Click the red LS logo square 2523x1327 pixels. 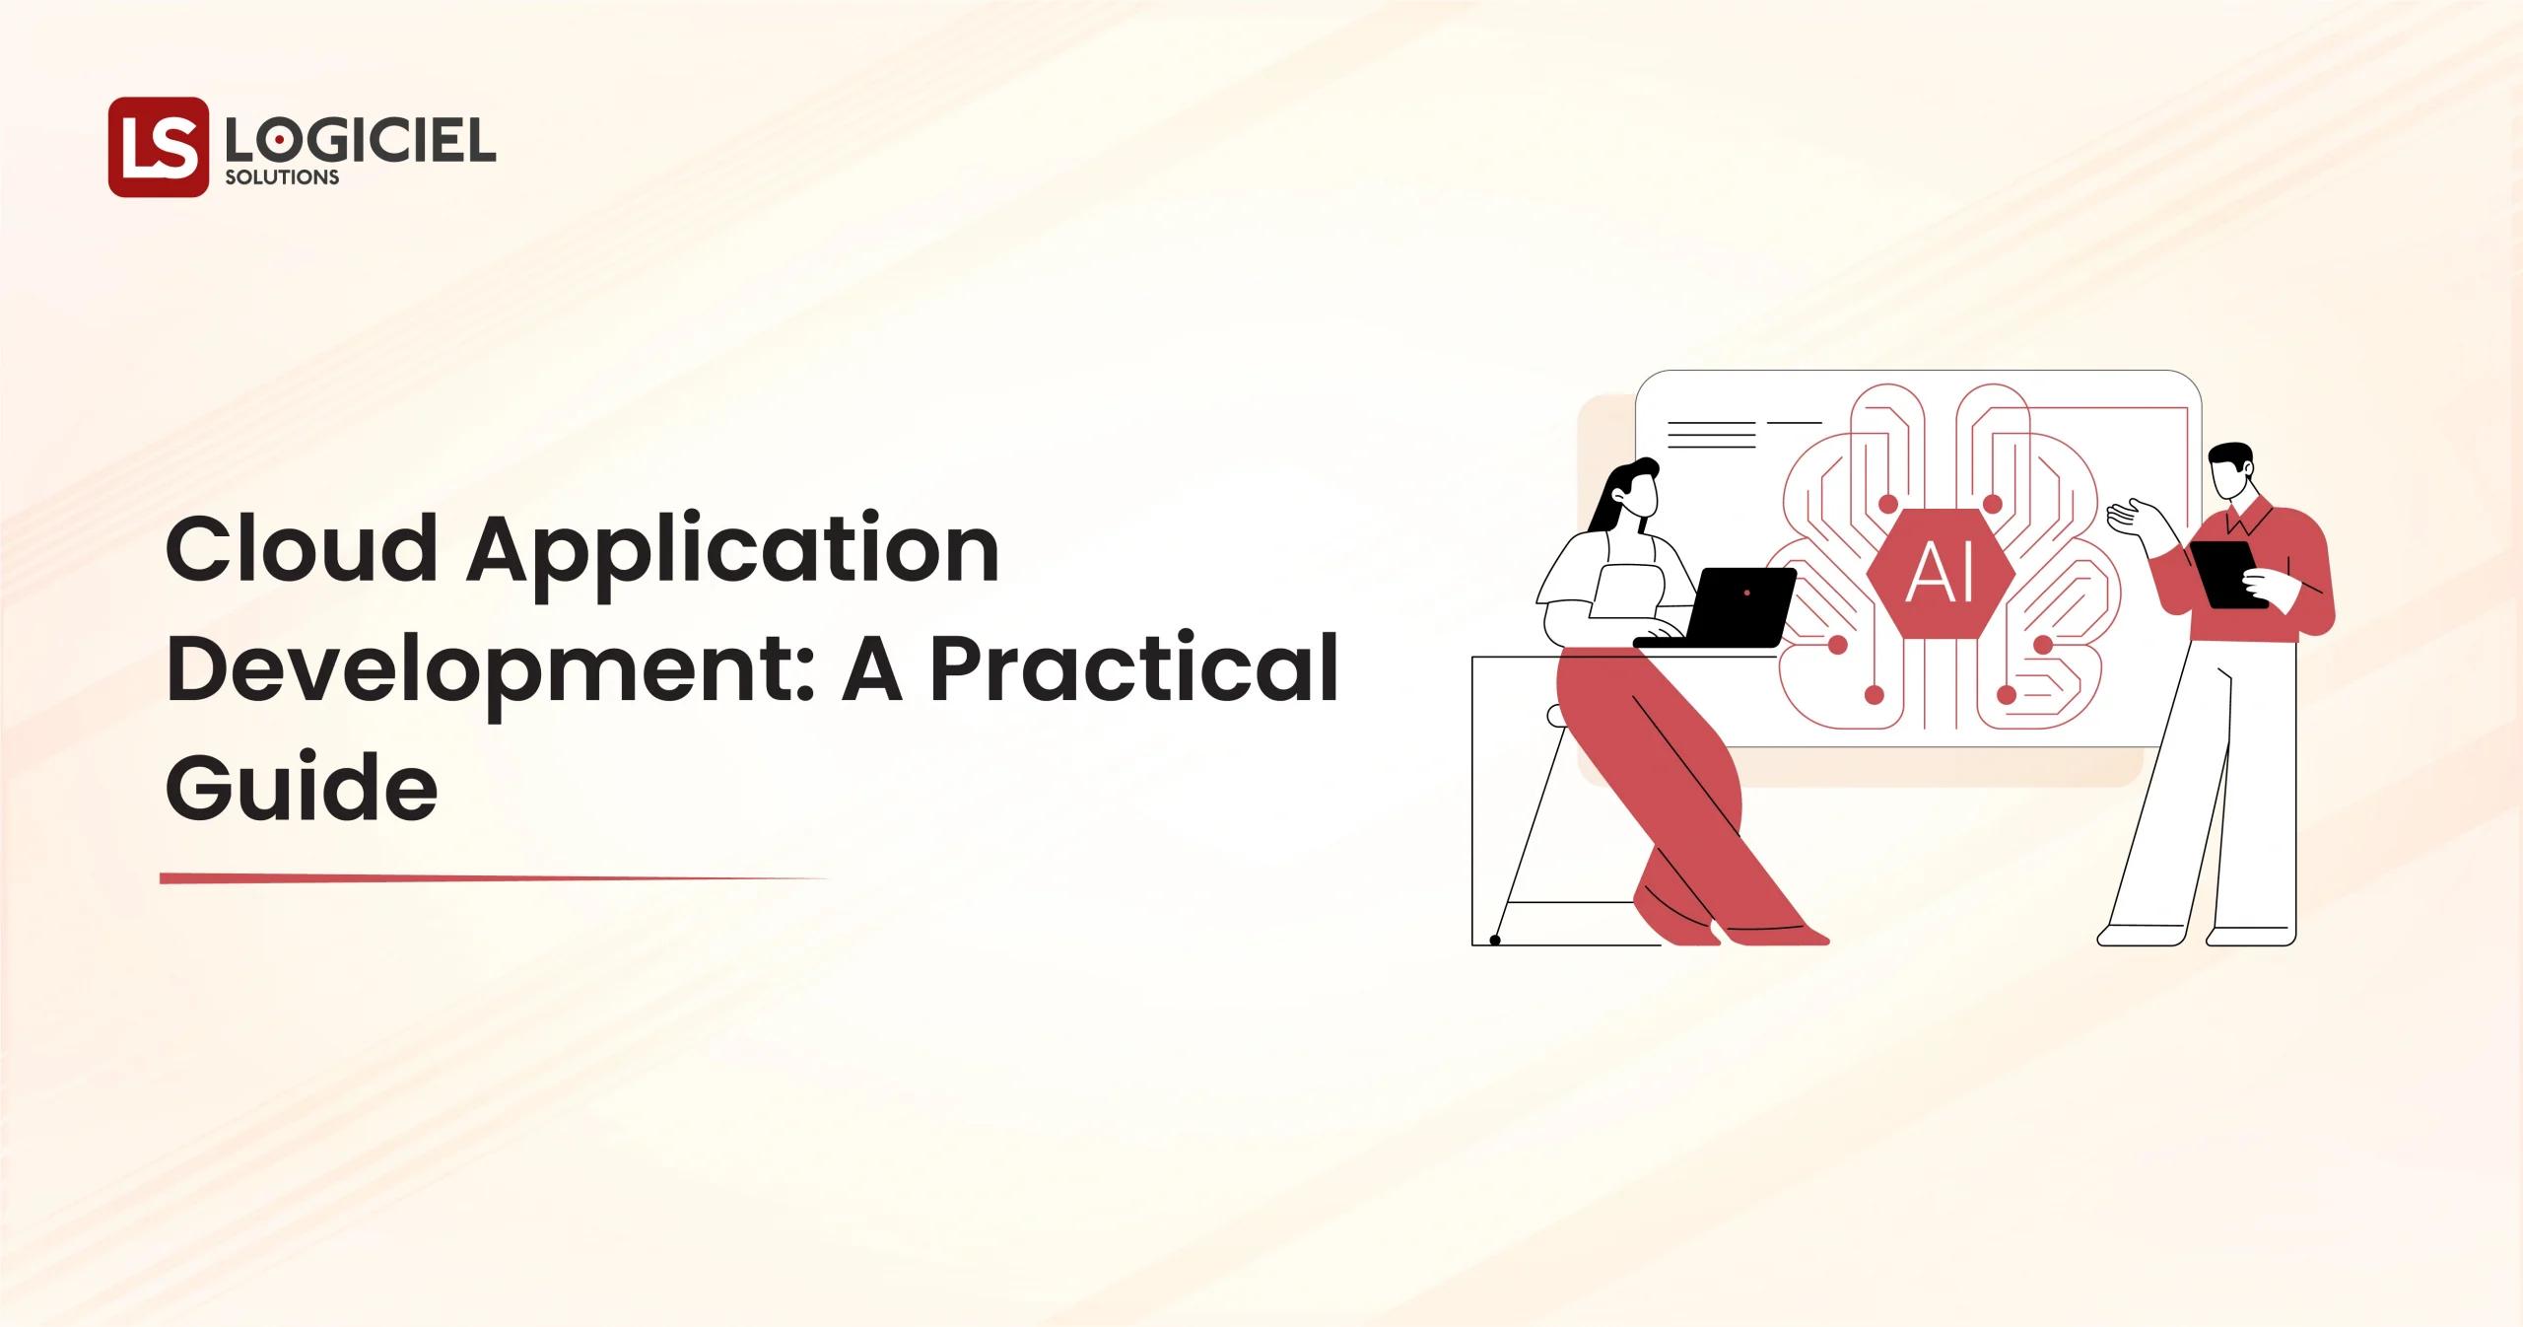158,147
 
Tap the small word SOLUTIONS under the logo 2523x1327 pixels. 282,178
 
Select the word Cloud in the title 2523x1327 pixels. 301,551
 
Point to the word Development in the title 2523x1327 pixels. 479,674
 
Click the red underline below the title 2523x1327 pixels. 493,877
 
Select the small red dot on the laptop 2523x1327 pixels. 1746,593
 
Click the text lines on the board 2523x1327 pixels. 1711,435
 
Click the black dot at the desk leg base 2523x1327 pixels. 1494,941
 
